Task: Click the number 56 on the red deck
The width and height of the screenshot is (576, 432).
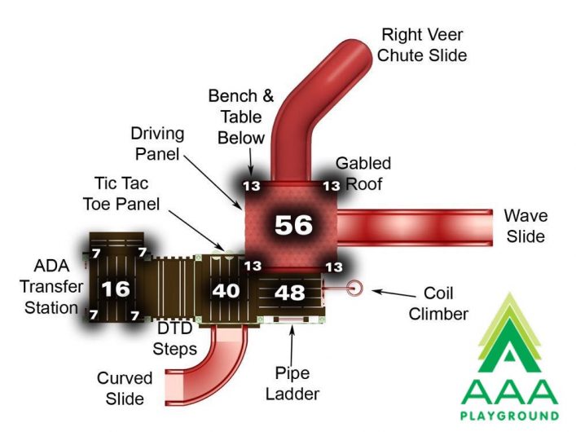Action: coord(293,224)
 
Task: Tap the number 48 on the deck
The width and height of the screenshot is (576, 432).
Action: coord(289,293)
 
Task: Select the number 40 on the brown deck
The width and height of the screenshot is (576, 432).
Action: coord(226,291)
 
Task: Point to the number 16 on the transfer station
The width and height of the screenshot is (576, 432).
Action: coord(116,289)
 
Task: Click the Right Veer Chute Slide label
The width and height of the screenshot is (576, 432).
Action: coord(422,45)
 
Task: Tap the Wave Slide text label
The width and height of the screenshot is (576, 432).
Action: coord(525,226)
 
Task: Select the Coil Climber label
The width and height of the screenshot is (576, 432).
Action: coord(438,304)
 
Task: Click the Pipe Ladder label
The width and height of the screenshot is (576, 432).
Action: coord(292,383)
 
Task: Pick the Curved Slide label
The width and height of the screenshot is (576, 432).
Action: coord(125,388)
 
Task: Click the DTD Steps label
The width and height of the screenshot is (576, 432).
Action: coord(174,338)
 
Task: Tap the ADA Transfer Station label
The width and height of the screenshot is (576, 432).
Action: coord(51,287)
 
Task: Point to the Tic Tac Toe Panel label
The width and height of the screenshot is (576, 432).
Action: coord(121,194)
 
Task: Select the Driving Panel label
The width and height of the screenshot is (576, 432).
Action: coord(157,143)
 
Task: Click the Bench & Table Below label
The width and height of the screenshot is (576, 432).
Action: coord(241,117)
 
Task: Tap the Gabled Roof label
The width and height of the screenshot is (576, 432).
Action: coord(363,174)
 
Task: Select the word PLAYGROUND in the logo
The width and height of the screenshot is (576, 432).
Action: coord(509,416)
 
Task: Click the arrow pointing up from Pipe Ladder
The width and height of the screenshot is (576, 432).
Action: coord(292,346)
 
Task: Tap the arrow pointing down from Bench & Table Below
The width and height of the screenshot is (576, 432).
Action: coord(251,161)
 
